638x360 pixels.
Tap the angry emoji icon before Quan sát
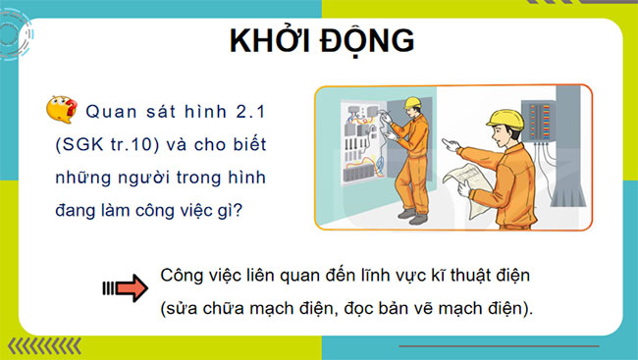pyautogui.click(x=61, y=109)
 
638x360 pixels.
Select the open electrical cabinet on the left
pyautogui.click(x=353, y=147)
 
